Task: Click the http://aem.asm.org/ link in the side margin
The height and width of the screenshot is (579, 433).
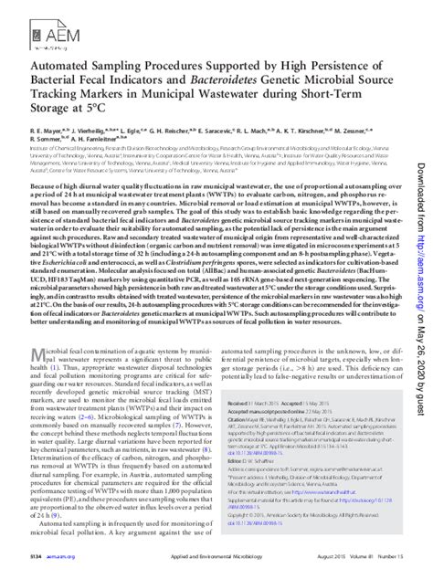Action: pyautogui.click(x=422, y=243)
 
